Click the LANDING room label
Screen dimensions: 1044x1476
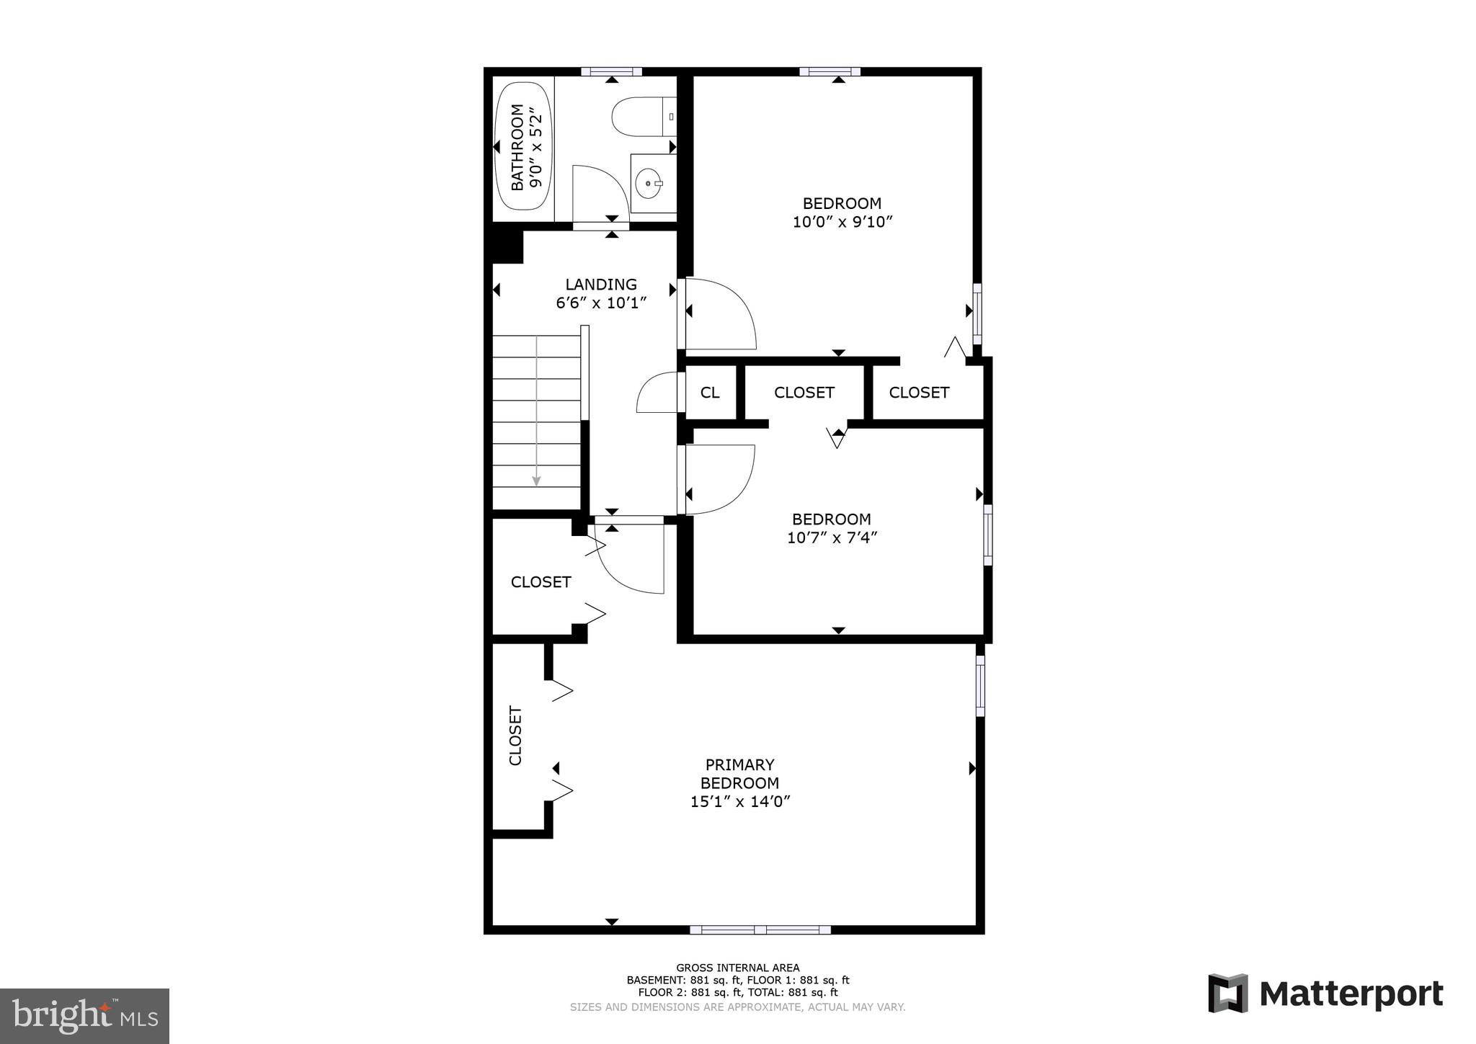click(600, 284)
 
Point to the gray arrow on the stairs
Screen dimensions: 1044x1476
click(536, 411)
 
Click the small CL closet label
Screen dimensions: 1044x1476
click(710, 393)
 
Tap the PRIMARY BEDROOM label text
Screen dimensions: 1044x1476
click(739, 774)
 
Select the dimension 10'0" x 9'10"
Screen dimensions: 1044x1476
click(842, 222)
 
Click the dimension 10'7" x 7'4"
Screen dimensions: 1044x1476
click(831, 537)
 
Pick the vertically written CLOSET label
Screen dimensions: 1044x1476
click(515, 736)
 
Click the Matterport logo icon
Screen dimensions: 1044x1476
click(1227, 994)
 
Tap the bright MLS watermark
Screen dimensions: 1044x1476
click(85, 1016)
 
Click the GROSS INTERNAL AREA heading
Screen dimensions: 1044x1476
click(737, 968)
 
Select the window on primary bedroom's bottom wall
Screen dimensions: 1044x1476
click(760, 930)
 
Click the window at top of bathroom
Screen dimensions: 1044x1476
click(611, 71)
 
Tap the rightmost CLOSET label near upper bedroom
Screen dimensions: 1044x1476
click(918, 393)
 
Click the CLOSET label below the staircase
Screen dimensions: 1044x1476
click(541, 582)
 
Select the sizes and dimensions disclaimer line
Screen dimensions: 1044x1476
click(737, 1007)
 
